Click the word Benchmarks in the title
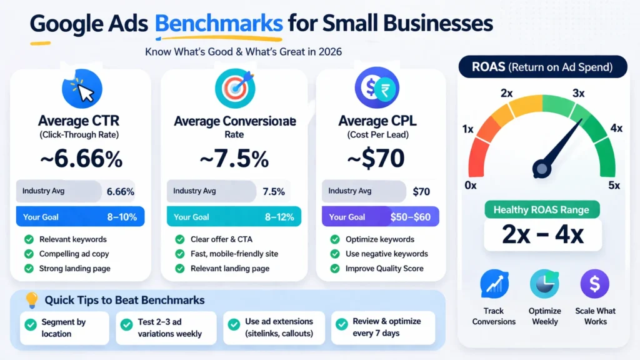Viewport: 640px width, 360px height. (218, 23)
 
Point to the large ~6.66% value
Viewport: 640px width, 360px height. (81, 159)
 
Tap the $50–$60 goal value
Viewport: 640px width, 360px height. (410, 217)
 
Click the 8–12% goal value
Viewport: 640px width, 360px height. (279, 217)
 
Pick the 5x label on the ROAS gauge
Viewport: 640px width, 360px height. (614, 185)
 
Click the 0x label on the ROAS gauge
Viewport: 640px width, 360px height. (471, 185)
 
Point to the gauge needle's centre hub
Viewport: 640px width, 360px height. (542, 168)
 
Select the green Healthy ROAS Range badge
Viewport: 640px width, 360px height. (542, 209)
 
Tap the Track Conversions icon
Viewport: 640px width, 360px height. (494, 284)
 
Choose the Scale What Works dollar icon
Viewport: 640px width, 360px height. (595, 284)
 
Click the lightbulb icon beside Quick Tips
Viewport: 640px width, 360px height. (31, 301)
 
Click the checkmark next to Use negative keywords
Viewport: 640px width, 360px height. (334, 254)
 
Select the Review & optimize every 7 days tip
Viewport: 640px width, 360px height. (384, 327)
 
